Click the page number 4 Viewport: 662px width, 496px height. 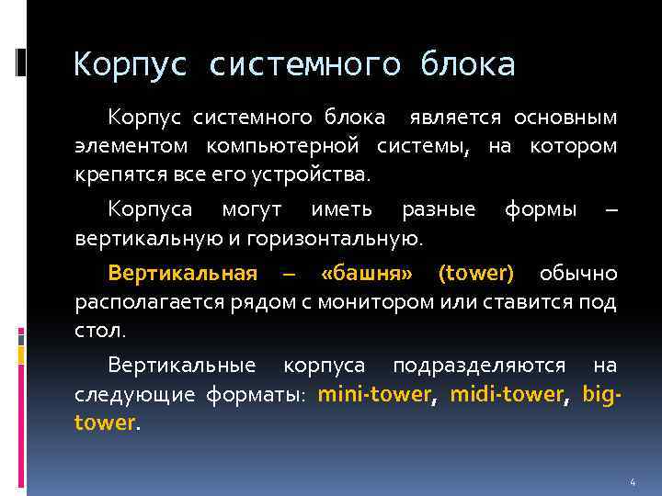click(633, 482)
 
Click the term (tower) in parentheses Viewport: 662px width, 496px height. click(476, 273)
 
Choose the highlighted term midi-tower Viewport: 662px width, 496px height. click(506, 395)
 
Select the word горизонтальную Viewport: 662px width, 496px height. click(348, 238)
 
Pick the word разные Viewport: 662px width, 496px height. click(439, 209)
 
